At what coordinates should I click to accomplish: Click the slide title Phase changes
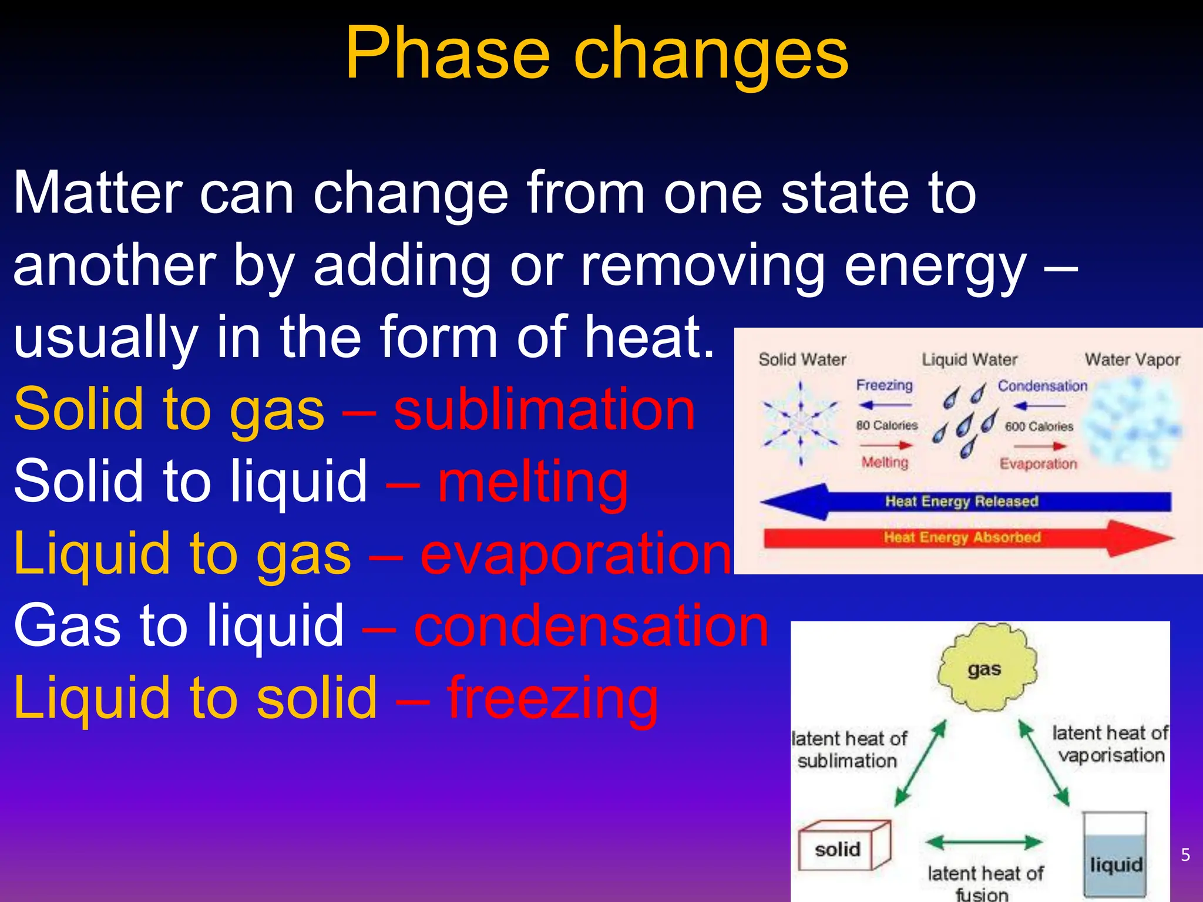coord(596,54)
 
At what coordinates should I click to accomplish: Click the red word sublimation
coord(544,409)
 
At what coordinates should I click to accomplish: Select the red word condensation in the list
coord(590,626)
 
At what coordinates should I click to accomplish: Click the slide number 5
coord(1185,854)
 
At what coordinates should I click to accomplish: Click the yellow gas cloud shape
coord(986,668)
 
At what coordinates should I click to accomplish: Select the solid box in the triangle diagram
coord(843,846)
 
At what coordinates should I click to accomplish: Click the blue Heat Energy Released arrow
coord(963,502)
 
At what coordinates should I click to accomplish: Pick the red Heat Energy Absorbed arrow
coord(963,537)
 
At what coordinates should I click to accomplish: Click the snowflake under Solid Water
coord(800,423)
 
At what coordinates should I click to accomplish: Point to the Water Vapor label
coord(1132,359)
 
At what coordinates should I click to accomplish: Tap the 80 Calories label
coord(886,425)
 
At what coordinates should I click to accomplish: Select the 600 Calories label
coord(1039,426)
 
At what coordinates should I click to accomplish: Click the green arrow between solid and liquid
coord(984,843)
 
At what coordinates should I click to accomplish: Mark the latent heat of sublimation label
coord(849,749)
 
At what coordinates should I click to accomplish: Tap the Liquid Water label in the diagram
coord(969,359)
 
